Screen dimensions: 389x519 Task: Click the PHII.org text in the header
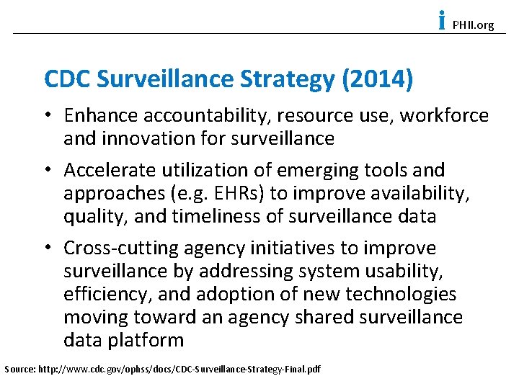click(473, 25)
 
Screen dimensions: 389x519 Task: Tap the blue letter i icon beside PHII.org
click(441, 21)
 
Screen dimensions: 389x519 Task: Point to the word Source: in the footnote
click(18, 370)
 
